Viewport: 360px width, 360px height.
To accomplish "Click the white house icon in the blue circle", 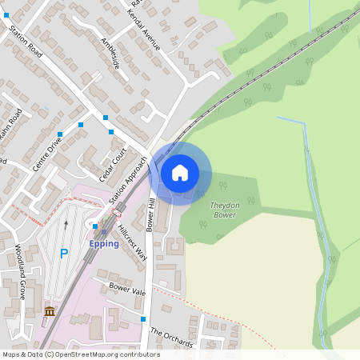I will [180, 172].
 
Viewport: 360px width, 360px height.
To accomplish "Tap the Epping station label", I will [104, 243].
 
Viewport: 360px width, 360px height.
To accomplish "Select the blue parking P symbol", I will [64, 254].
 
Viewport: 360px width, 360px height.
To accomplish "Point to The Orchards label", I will [171, 338].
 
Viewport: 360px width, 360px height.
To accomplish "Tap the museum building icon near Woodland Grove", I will [50, 311].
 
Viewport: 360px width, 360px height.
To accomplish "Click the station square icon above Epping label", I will [103, 233].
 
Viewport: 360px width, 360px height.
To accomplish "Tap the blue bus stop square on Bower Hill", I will [143, 319].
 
